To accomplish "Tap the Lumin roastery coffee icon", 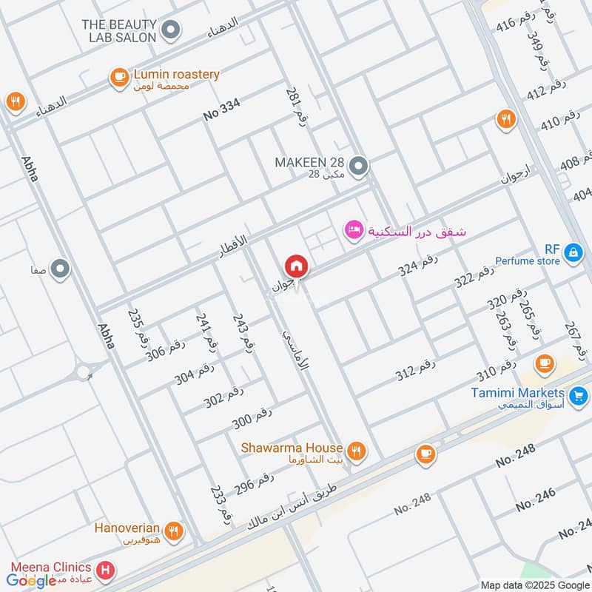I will click(118, 77).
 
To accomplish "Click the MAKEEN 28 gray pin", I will click(358, 166).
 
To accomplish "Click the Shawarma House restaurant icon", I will click(356, 450).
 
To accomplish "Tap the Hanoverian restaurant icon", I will click(173, 530).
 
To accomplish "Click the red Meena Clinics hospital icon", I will click(106, 570).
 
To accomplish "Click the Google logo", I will click(33, 580).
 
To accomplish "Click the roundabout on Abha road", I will click(84, 371).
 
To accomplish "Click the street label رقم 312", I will click(416, 369).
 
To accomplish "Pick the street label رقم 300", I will click(252, 418).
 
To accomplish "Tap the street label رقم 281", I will click(295, 107).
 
